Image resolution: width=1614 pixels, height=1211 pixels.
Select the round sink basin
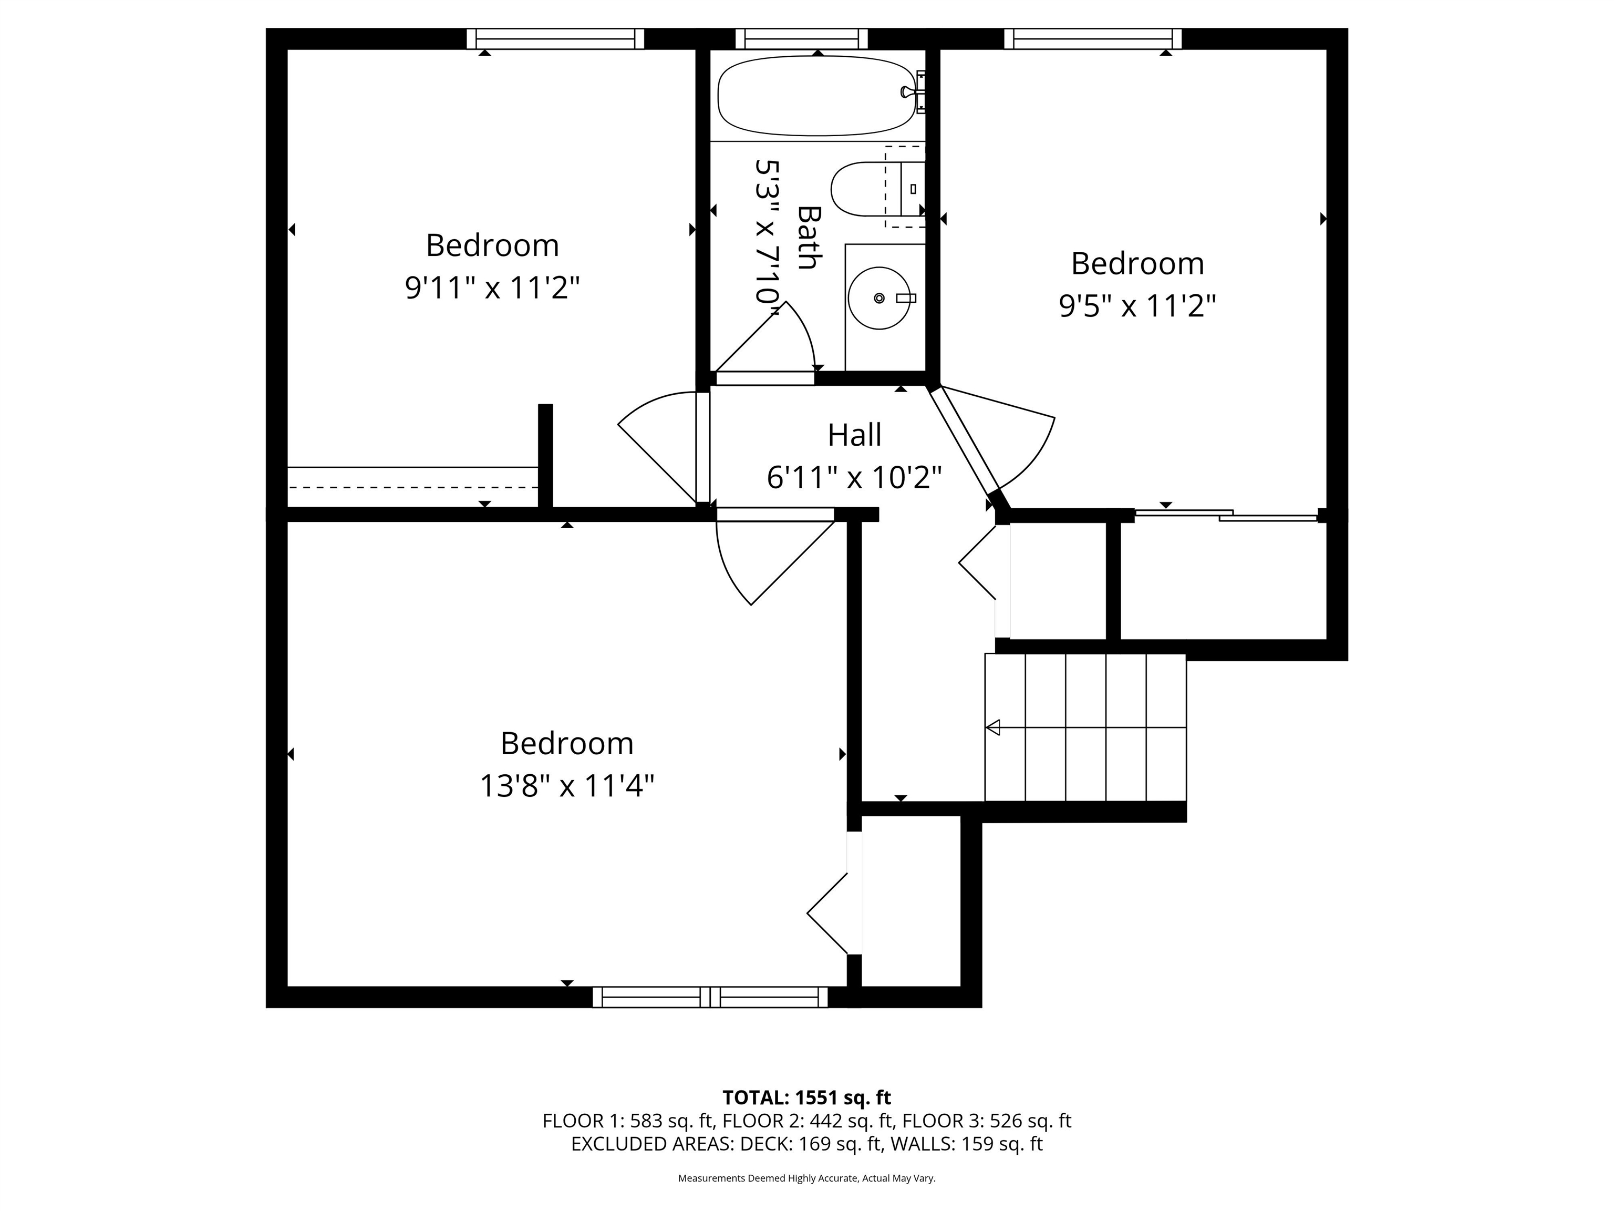(x=878, y=298)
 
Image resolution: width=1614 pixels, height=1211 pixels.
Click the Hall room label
(x=854, y=435)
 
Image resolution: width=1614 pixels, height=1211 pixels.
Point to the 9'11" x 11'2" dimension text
(x=492, y=288)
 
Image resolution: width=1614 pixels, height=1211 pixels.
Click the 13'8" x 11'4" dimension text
(x=566, y=786)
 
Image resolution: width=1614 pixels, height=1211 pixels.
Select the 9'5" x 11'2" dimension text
(x=1137, y=306)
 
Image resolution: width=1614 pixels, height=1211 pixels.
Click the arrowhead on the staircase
(x=993, y=727)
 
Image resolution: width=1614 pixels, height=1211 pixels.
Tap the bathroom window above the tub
(x=801, y=39)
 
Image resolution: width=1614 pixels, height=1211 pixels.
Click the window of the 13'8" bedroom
(x=709, y=997)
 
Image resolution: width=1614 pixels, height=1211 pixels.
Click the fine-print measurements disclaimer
(x=806, y=1178)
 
